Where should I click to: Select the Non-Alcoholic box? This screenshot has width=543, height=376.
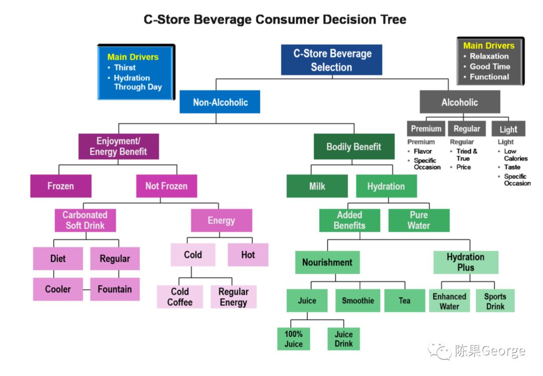tap(220, 102)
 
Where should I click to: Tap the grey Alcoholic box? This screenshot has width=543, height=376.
tap(460, 102)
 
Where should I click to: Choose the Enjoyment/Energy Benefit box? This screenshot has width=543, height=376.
tap(118, 146)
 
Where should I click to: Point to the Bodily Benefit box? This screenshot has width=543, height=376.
tap(353, 147)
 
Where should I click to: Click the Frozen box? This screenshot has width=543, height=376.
tap(60, 186)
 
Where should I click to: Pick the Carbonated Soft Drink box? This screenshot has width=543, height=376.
tap(85, 220)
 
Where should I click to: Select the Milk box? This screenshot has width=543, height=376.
tap(317, 186)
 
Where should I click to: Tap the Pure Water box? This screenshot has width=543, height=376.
tap(418, 220)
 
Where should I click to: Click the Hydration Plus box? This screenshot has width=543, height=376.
tap(466, 262)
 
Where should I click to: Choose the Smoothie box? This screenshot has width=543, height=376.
tap(357, 301)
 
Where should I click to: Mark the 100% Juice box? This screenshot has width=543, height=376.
tap(294, 339)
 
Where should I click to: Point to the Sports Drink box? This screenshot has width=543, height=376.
tap(495, 301)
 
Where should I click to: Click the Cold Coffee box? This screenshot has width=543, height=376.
tap(179, 297)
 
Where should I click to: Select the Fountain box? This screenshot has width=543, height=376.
tap(115, 289)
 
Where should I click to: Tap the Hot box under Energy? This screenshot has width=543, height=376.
tap(248, 255)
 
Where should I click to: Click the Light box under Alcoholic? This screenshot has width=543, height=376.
tap(508, 129)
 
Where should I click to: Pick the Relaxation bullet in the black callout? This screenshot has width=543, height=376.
tap(489, 56)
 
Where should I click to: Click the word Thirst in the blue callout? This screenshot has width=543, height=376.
tap(125, 67)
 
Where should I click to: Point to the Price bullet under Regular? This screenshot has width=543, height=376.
tap(464, 167)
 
